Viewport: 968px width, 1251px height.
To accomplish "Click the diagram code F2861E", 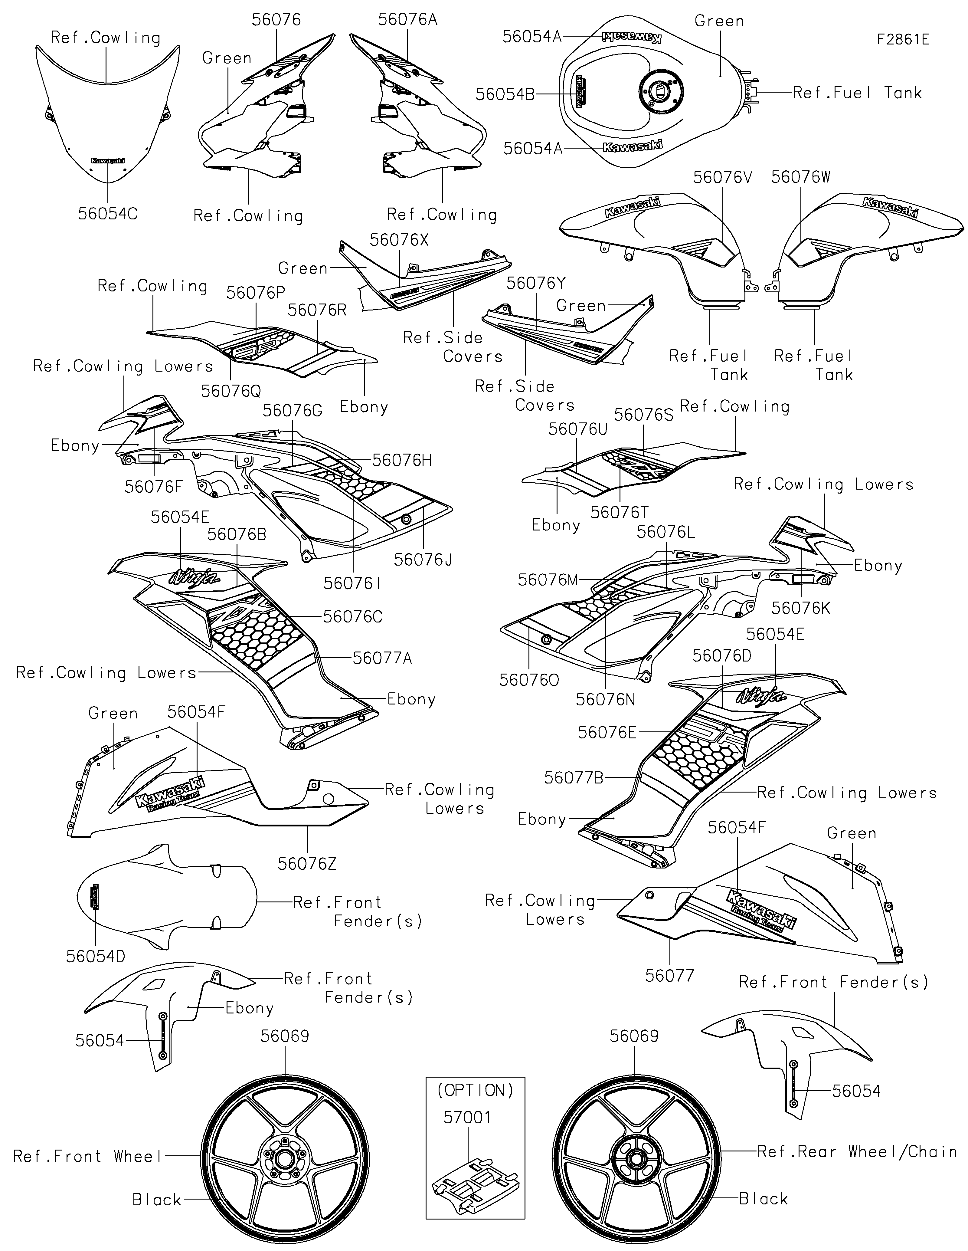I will [x=903, y=40].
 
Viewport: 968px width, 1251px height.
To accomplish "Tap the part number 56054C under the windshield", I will [x=108, y=214].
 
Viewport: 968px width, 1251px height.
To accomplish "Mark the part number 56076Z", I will [x=307, y=863].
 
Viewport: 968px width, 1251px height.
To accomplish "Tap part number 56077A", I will [x=382, y=658].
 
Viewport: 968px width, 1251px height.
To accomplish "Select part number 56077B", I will [x=574, y=777].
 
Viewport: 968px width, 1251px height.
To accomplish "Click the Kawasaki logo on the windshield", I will [x=108, y=161].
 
